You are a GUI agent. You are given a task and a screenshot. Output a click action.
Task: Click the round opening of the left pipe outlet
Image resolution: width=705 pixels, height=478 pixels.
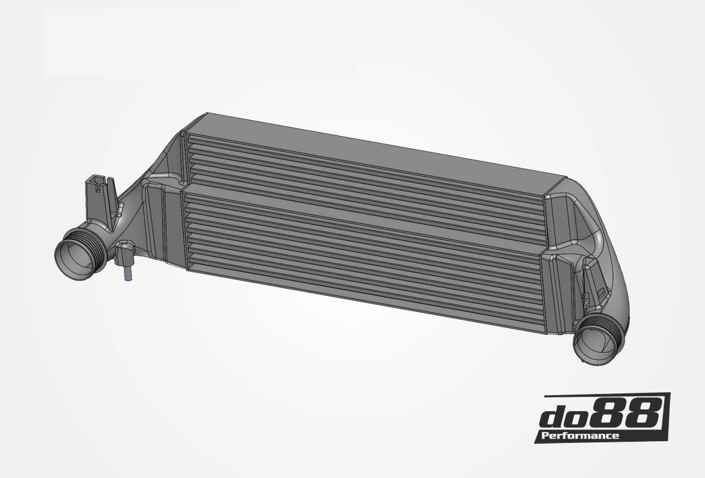(74, 260)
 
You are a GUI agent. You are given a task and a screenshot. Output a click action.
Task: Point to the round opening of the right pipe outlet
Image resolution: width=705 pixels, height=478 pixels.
(592, 345)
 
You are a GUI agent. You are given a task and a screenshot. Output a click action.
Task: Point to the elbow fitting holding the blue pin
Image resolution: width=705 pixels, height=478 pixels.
(125, 252)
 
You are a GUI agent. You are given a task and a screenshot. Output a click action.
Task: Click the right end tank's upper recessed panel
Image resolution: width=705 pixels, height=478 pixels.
(560, 218)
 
